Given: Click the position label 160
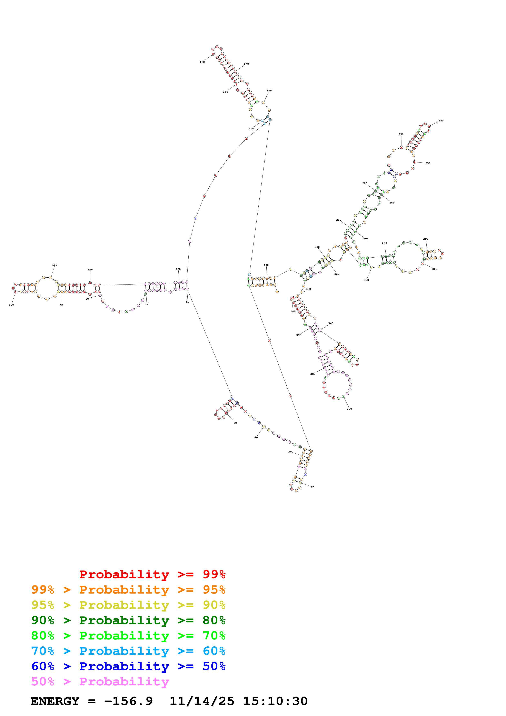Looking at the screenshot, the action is click(202, 62).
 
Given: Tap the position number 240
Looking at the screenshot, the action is click(441, 121).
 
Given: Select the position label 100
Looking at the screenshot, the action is click(11, 305).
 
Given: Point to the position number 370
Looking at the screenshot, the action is click(349, 409).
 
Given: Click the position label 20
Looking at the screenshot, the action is click(313, 487).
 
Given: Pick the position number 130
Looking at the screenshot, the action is click(178, 269).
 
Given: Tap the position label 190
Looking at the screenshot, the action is click(266, 265).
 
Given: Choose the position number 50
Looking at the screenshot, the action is click(235, 423).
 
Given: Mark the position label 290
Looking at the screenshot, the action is click(426, 239).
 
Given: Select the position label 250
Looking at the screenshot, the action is click(428, 163).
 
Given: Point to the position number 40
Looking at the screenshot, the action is click(256, 438).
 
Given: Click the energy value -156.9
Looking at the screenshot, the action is click(128, 701).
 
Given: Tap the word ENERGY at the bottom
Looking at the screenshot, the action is click(55, 701).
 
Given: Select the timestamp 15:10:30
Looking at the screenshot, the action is click(275, 701).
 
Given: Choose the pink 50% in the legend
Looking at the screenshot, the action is click(43, 682).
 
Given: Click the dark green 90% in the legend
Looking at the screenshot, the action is click(43, 620).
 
